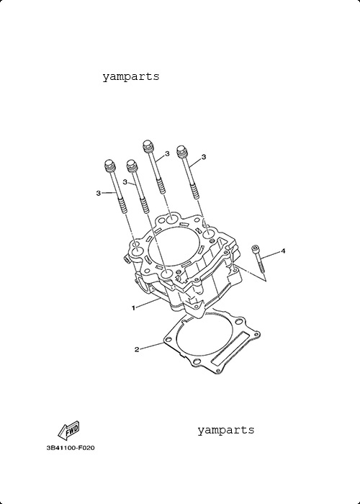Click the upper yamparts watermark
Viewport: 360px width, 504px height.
pyautogui.click(x=131, y=77)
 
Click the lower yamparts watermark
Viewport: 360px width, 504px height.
pyautogui.click(x=225, y=430)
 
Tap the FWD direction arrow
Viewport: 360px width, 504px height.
pyautogui.click(x=68, y=431)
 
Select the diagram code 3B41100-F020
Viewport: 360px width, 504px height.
pyautogui.click(x=71, y=448)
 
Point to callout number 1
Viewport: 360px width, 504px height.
pyautogui.click(x=133, y=308)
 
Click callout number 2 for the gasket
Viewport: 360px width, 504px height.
pyautogui.click(x=137, y=349)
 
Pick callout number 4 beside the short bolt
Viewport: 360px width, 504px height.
pyautogui.click(x=283, y=251)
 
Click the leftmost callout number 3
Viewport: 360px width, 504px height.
pyautogui.click(x=99, y=193)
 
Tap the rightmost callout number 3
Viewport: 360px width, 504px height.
pyautogui.click(x=204, y=157)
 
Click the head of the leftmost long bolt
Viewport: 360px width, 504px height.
pyautogui.click(x=109, y=165)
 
